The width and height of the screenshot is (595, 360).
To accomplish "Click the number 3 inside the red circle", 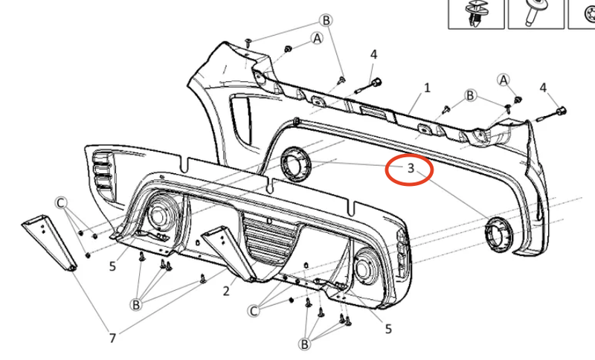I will pyautogui.click(x=410, y=169).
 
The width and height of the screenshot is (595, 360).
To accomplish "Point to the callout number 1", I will pyautogui.click(x=427, y=88).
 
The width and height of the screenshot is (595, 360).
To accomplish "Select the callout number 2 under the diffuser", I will pyautogui.click(x=226, y=292).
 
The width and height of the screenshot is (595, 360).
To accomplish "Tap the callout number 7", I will pyautogui.click(x=112, y=338).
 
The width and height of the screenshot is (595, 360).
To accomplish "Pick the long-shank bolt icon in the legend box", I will pyautogui.click(x=535, y=13).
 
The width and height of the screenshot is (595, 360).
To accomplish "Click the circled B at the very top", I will pyautogui.click(x=326, y=20).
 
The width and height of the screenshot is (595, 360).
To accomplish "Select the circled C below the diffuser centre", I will pyautogui.click(x=255, y=310).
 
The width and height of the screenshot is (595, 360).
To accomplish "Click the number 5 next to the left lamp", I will pyautogui.click(x=112, y=265).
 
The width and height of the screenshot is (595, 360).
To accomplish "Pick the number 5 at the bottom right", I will pyautogui.click(x=388, y=329).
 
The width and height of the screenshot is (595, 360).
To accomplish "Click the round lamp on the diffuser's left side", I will pyautogui.click(x=158, y=216).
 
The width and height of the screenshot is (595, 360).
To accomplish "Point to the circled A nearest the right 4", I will pyautogui.click(x=504, y=80).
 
